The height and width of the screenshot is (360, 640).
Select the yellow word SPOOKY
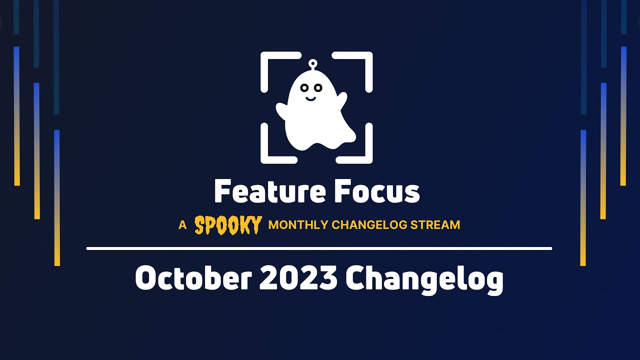tap(228, 225)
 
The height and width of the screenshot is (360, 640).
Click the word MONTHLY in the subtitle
tap(298, 225)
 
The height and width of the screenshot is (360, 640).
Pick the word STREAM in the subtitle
tap(435, 225)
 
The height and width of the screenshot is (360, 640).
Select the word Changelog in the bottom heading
tap(424, 279)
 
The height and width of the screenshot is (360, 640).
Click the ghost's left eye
tap(304, 88)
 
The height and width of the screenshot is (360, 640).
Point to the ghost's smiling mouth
tap(310, 98)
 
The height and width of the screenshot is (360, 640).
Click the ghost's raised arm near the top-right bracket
tap(342, 100)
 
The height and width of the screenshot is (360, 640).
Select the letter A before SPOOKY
tap(182, 225)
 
